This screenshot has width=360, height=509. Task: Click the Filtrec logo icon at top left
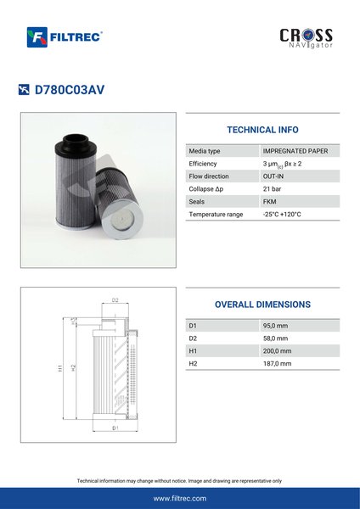37,37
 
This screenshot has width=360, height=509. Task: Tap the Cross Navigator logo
306,38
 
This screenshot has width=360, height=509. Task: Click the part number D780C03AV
70,90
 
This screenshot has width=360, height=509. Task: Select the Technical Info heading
262,130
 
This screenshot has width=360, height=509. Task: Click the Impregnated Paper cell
295,151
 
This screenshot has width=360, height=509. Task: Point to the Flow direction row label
209,176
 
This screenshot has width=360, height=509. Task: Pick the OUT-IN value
273,176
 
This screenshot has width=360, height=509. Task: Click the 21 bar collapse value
272,189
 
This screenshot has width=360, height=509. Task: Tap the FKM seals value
269,202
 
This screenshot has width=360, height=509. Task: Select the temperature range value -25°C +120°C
282,215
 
